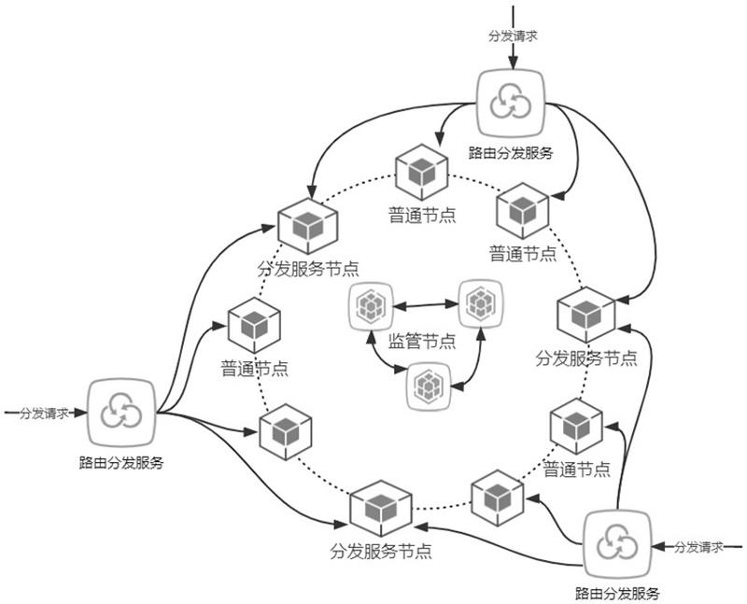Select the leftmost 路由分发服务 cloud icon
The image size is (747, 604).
point(119,413)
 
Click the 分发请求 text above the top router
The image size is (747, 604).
point(513,37)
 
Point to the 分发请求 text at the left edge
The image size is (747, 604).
point(43,412)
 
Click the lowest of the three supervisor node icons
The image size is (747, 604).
point(429,386)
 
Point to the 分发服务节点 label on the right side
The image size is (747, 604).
point(586,358)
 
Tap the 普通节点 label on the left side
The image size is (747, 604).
point(254,367)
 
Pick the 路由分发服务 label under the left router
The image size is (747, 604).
point(121,461)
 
